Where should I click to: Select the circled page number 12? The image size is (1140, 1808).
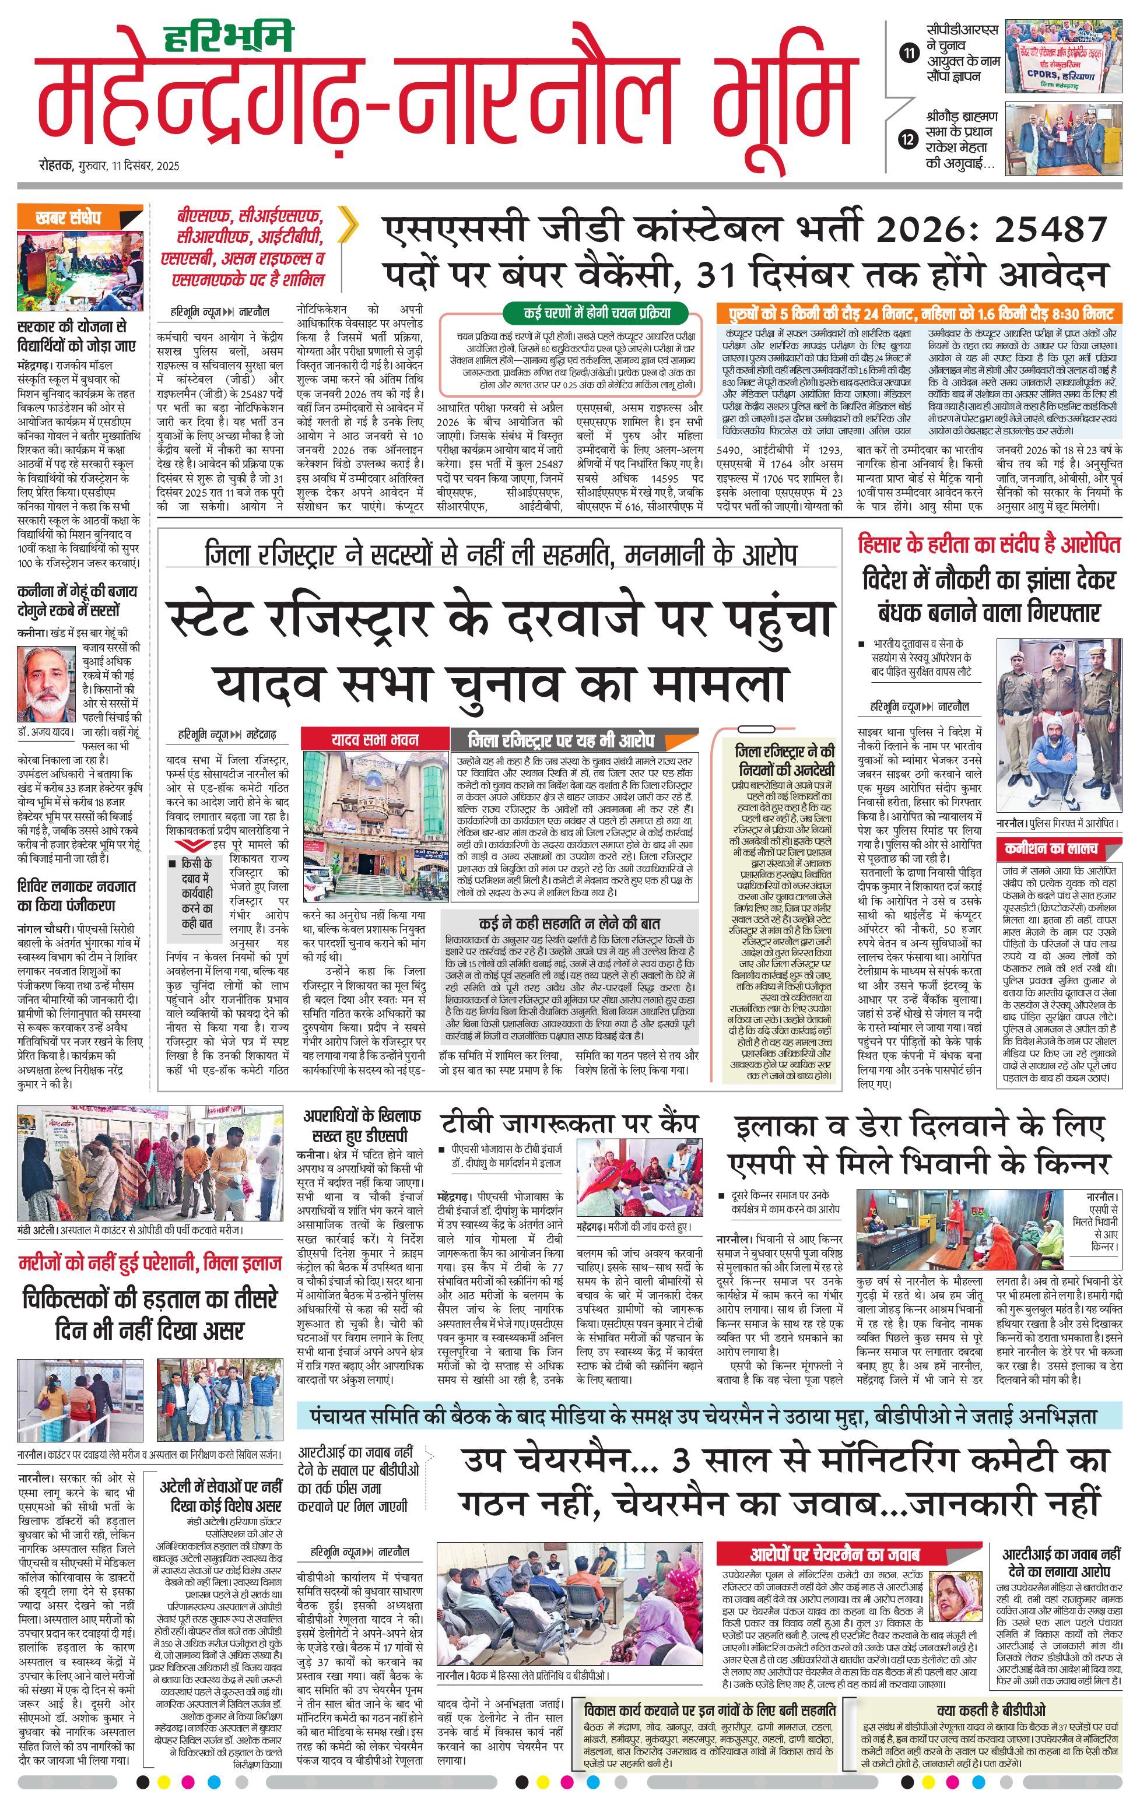910,139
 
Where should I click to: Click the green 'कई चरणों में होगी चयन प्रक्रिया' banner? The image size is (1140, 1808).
598,313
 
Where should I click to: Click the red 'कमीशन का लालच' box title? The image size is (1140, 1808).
1051,848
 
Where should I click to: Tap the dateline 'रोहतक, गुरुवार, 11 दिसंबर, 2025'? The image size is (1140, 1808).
110,166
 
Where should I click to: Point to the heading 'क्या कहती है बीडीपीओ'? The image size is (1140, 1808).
991,1711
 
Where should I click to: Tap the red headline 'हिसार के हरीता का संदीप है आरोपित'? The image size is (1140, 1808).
989,545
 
